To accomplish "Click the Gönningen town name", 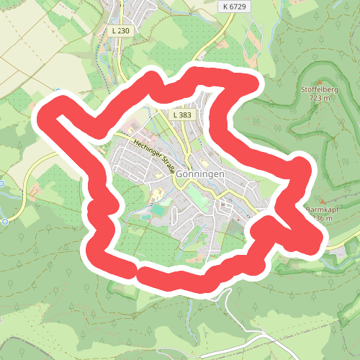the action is (x=200, y=175).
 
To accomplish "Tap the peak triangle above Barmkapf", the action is (x=323, y=201).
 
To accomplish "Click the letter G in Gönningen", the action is (x=179, y=175).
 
